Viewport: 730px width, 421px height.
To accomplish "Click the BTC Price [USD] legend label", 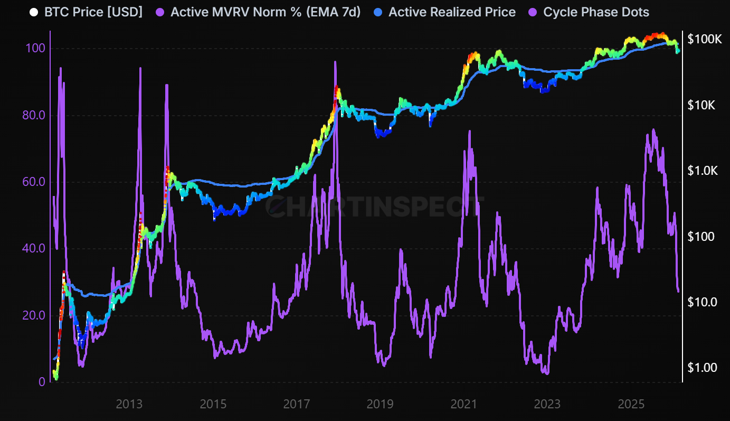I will pos(93,12).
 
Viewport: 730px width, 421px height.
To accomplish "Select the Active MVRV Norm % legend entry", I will pos(266,12).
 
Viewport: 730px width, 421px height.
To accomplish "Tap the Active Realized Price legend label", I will pos(452,12).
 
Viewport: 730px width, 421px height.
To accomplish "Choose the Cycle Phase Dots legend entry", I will pos(596,12).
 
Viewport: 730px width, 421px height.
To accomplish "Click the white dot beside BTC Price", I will pos(34,12).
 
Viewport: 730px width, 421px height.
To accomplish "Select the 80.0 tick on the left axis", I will pos(32,115).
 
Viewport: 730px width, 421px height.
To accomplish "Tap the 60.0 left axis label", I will pos(32,182).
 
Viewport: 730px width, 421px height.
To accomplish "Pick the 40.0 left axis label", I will pos(32,248).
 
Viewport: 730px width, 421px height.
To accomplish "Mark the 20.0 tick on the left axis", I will pos(32,315).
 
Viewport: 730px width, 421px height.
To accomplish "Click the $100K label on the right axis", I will pos(704,39).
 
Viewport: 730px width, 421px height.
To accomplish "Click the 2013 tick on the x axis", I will pos(129,405).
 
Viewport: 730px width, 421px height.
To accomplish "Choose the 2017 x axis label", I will pos(296,405).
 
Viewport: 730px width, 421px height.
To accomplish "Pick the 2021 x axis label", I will pos(463,405).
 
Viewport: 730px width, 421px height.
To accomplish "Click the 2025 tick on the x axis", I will pos(631,405).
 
